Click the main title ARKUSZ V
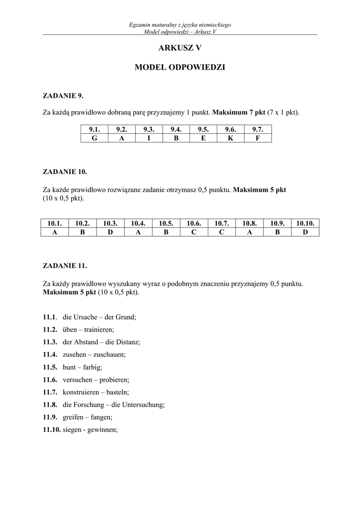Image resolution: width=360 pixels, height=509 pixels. coord(180,48)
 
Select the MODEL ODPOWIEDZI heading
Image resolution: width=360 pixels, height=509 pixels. coord(180,67)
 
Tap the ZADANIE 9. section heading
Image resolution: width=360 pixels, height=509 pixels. coord(63,95)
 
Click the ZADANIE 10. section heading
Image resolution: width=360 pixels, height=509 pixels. coord(65,172)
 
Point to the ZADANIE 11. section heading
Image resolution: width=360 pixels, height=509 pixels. coord(65,266)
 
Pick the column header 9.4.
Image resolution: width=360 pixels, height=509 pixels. coord(176,130)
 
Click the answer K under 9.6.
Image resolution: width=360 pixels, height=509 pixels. coord(231,138)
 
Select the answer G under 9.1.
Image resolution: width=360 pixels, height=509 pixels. coord(94,138)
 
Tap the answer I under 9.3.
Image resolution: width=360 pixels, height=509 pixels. coord(149,138)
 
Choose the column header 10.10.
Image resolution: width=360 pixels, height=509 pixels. coord(306,224)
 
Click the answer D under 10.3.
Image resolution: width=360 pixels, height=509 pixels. coord(110,232)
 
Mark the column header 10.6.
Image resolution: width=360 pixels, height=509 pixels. coord(194,224)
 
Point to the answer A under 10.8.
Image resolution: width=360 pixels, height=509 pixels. coord(250,232)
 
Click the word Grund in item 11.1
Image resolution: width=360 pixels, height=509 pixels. coord(126,317)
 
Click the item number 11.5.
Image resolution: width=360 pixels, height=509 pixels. coord(50,367)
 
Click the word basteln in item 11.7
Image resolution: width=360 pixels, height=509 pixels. coord(118,393)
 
